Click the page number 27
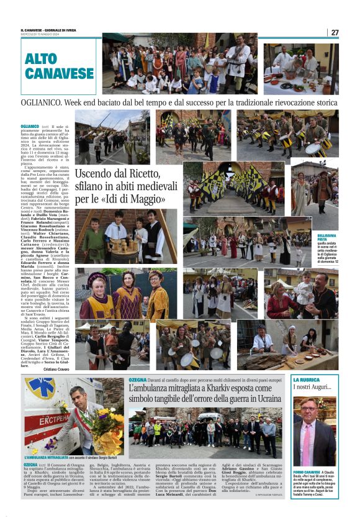pos(335,32)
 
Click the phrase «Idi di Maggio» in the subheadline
pos(136,199)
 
